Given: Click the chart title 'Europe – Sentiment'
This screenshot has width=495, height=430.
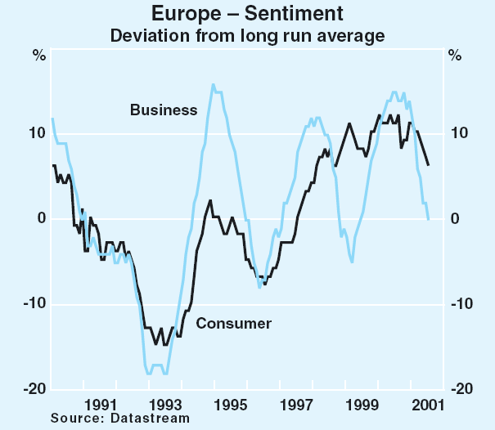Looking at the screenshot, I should [247, 14].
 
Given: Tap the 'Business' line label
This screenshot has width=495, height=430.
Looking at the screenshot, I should [164, 110].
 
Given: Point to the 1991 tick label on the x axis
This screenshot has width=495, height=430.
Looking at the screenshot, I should [99, 404].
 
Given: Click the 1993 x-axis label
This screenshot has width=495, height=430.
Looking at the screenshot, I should [165, 404].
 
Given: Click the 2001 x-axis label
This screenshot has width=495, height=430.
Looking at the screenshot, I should [428, 404].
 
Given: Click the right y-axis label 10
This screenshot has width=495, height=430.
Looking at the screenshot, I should [459, 132].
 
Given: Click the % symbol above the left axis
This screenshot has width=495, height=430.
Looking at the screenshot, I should [39, 56].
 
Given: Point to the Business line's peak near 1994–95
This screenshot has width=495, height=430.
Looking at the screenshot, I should [214, 84].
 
